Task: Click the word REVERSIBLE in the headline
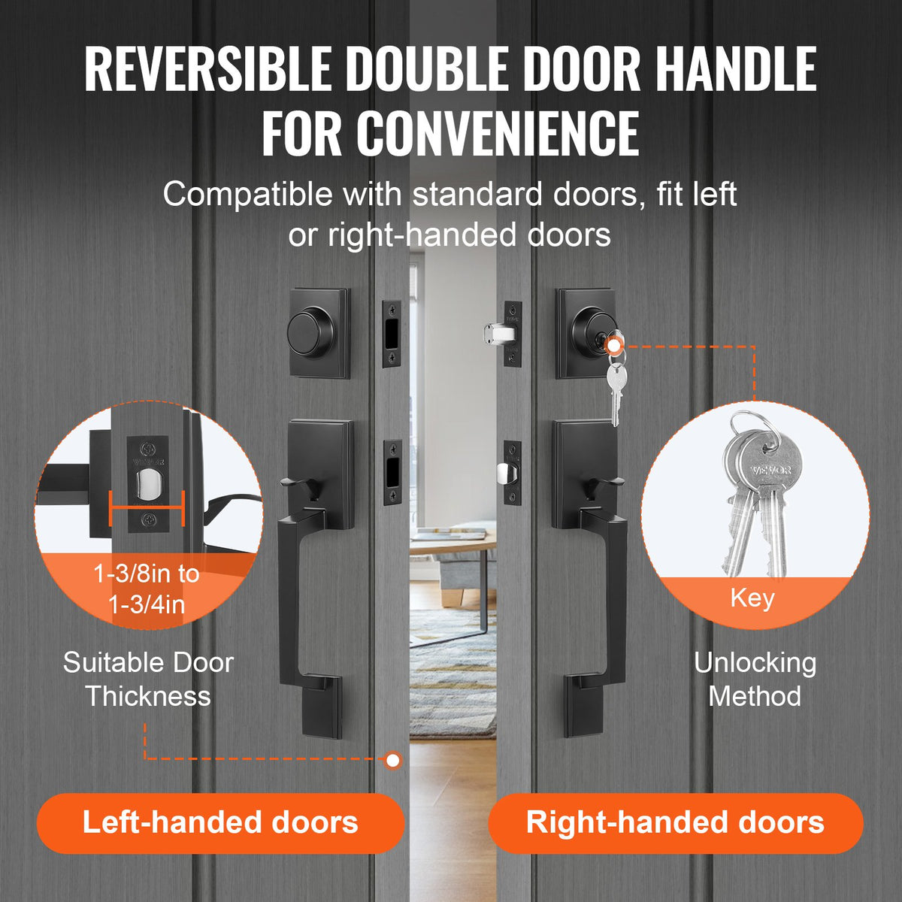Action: point(207,69)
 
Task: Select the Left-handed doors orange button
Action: point(220,822)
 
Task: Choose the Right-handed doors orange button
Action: point(675,822)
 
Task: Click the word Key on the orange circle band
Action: point(752,598)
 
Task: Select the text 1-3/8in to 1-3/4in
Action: point(147,589)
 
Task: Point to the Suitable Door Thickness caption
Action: point(148,679)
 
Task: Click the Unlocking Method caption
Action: point(755,679)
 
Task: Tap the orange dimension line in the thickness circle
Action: point(147,507)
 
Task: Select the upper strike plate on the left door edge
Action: point(392,334)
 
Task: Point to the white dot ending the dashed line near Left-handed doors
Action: point(392,760)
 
